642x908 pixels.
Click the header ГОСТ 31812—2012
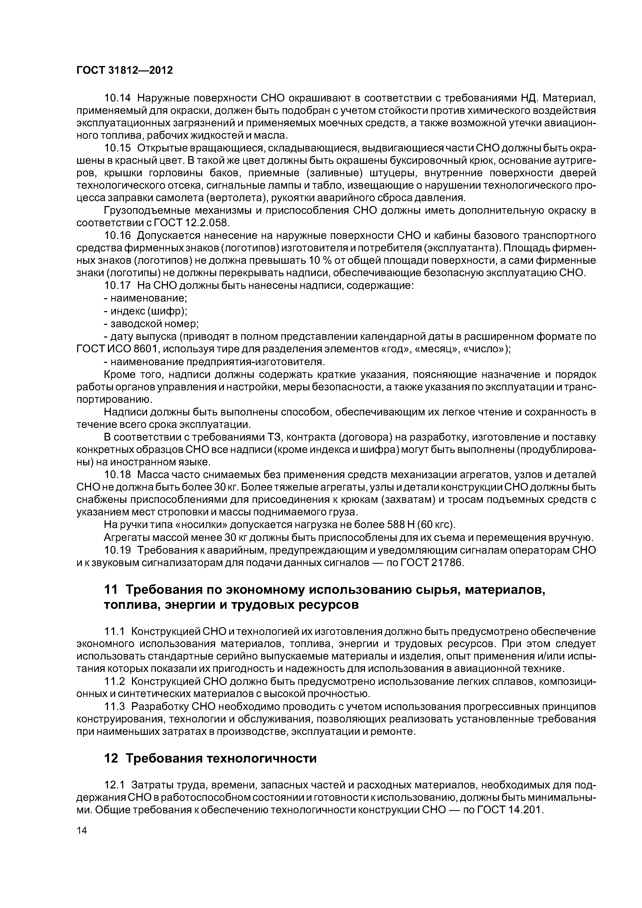pyautogui.click(x=125, y=70)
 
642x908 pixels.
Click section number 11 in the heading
pyautogui.click(x=111, y=590)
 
